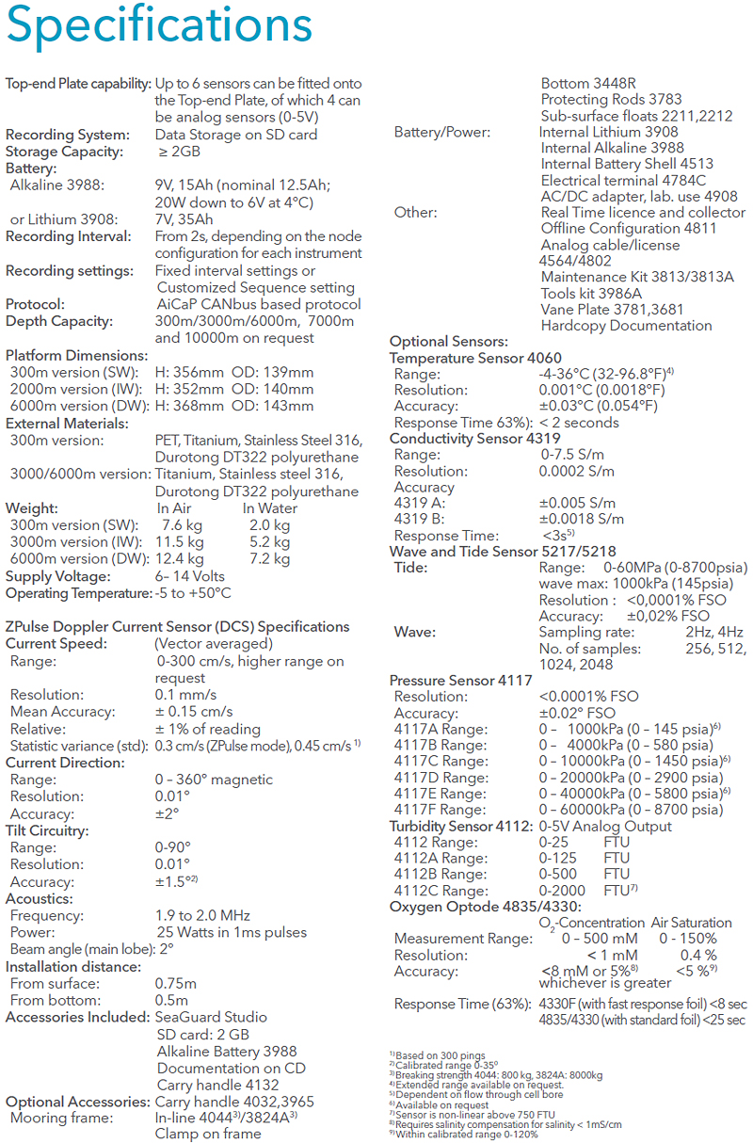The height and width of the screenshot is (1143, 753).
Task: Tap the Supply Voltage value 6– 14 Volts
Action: [190, 576]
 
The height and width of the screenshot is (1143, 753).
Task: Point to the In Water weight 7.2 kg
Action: [269, 559]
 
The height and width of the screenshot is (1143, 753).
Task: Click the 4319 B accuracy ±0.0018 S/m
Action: [581, 519]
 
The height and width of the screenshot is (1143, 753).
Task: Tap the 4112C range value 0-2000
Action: [563, 891]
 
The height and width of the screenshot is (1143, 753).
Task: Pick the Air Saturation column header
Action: [691, 923]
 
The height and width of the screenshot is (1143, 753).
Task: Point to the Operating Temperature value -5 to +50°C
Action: [193, 593]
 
